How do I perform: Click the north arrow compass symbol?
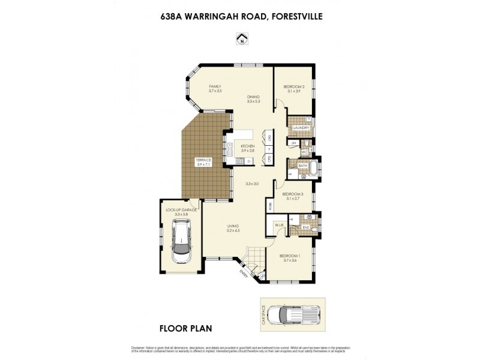241,40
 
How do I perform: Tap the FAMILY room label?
215,86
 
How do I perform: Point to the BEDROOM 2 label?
294,86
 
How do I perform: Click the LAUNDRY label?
301,128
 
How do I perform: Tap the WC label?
305,152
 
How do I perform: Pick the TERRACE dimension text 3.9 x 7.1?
204,164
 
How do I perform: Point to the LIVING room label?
233,226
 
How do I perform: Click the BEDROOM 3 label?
293,194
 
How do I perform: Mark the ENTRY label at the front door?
244,274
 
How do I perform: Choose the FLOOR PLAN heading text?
185,328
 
